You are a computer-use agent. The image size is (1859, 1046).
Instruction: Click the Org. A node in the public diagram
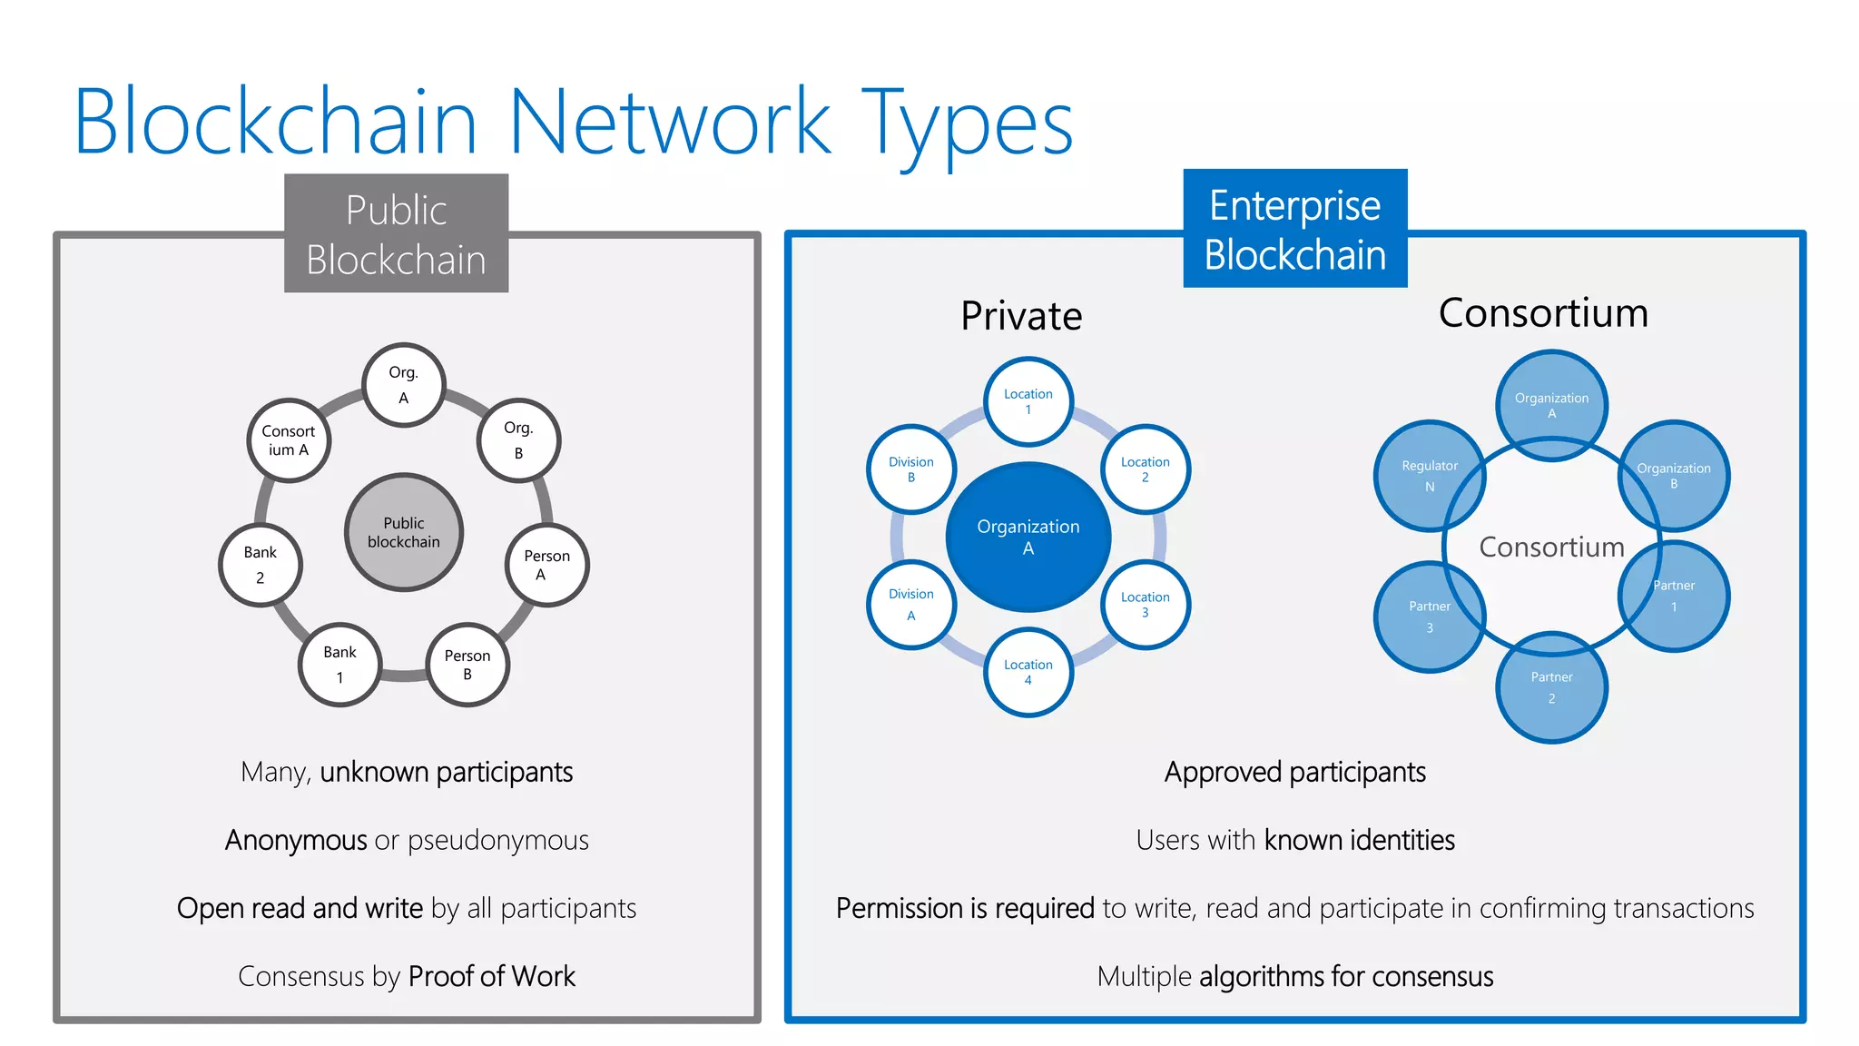tap(403, 385)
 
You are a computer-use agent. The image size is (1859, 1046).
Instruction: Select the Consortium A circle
tap(289, 440)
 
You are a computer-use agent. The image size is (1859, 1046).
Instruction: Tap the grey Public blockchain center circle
tap(404, 532)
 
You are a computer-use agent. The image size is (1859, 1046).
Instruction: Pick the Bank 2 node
tap(261, 565)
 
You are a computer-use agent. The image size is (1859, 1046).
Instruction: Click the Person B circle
tap(467, 665)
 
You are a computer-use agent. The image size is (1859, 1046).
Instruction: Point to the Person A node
tap(546, 565)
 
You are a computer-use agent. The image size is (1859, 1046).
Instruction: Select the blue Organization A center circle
tap(1028, 537)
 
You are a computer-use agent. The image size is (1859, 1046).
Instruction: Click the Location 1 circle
tap(1028, 401)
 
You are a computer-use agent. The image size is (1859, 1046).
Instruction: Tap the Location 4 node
tap(1028, 672)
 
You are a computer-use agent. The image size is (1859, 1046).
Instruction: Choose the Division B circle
tap(911, 469)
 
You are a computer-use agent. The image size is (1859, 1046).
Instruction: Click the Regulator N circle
tap(1429, 476)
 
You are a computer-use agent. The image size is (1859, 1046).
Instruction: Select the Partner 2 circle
tap(1551, 687)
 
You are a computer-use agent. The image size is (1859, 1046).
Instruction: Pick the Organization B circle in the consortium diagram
tap(1674, 476)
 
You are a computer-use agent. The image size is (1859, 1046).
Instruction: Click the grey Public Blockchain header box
tap(397, 234)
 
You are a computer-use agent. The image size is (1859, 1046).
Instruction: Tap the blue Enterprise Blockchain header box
tap(1294, 229)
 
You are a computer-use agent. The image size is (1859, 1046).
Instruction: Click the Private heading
tap(1021, 316)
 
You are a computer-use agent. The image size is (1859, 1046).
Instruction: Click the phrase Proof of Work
tap(491, 976)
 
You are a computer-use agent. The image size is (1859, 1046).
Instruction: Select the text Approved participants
tap(1294, 772)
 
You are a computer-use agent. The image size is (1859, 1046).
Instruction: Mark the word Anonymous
tap(296, 840)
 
